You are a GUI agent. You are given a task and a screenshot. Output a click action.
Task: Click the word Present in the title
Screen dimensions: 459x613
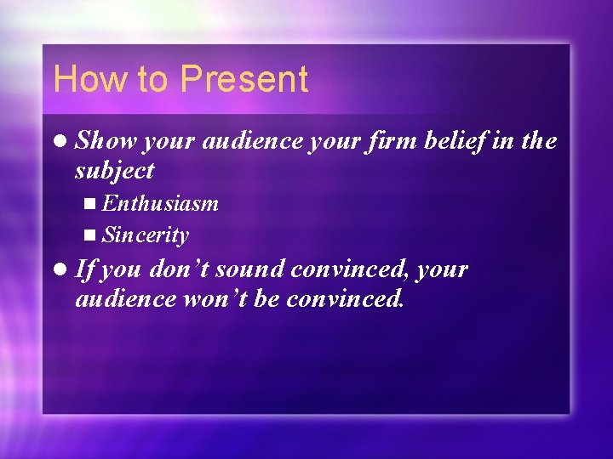tap(243, 79)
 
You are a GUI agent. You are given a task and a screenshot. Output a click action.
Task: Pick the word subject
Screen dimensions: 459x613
tap(115, 171)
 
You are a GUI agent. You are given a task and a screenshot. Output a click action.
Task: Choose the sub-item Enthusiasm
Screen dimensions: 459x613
tap(159, 204)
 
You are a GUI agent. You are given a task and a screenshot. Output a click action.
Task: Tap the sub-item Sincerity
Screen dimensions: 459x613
tap(145, 235)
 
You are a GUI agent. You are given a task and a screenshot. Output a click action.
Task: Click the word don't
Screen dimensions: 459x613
tap(179, 269)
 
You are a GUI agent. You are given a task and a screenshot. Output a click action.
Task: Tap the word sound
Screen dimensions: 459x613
tap(251, 269)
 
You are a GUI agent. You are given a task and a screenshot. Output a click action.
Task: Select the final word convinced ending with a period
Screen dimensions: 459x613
tap(345, 299)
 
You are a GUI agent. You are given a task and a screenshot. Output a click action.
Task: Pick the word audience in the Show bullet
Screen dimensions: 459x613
tap(252, 141)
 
